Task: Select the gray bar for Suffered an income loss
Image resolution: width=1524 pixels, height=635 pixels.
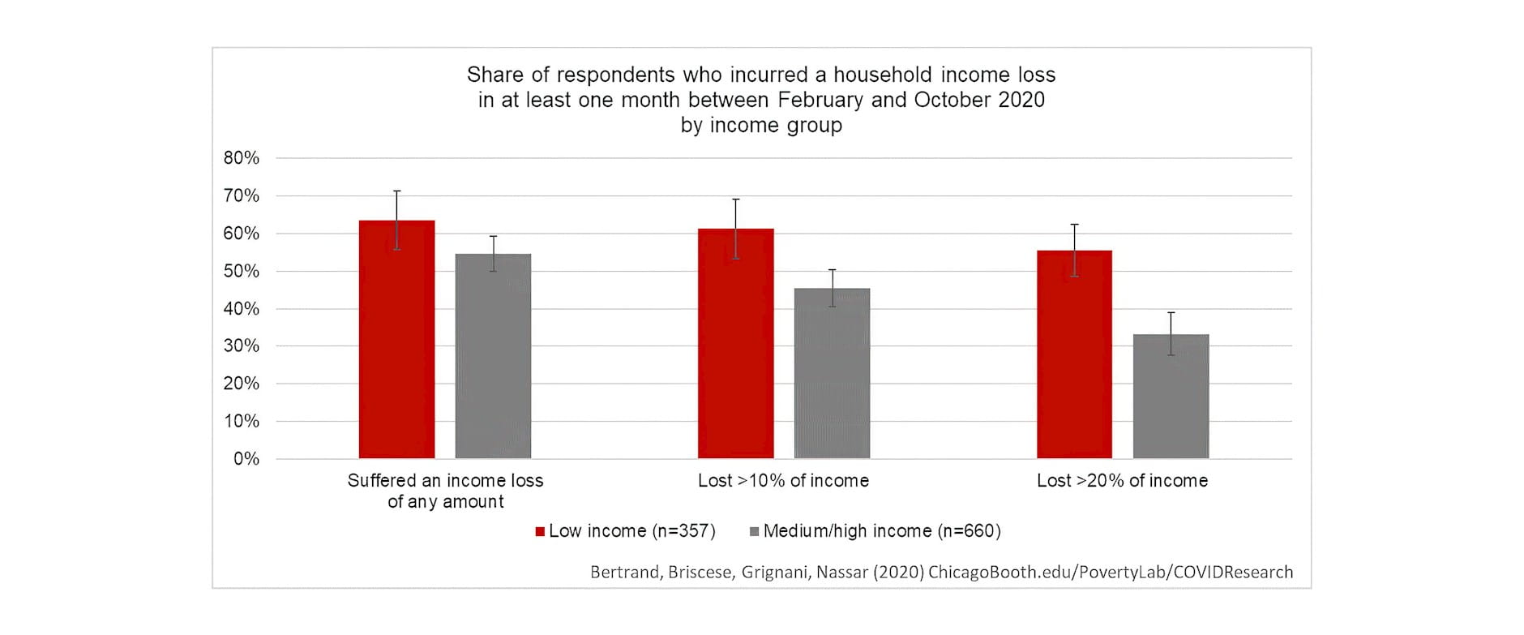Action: tap(493, 356)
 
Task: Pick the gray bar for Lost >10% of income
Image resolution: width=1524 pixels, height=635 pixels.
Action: tap(832, 373)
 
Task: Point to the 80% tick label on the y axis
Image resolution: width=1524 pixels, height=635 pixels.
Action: tap(242, 158)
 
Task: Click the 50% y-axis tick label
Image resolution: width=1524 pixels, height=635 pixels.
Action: tap(242, 271)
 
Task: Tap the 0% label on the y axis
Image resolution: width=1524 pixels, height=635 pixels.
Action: tap(246, 459)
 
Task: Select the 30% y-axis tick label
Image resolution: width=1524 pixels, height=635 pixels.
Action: tap(242, 346)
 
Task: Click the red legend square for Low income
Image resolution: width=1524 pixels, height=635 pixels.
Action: tap(540, 532)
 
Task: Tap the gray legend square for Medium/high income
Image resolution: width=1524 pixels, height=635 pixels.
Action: tap(755, 532)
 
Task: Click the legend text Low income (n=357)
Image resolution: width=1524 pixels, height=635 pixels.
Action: tap(632, 531)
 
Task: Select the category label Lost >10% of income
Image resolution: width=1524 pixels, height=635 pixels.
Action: tap(783, 481)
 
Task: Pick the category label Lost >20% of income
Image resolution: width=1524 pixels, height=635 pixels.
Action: tap(1122, 481)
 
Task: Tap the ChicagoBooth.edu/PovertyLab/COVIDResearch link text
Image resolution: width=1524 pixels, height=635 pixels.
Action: tap(1111, 573)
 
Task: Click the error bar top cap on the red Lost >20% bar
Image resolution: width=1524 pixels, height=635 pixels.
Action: tap(1074, 225)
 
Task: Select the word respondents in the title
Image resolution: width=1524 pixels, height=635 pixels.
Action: tap(615, 75)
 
